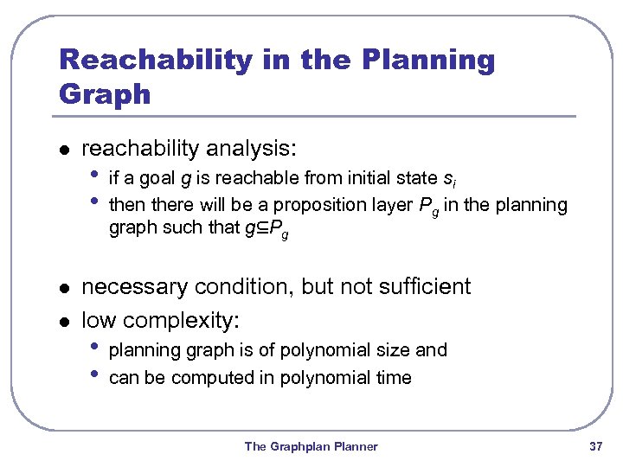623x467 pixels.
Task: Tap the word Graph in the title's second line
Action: pyautogui.click(x=105, y=93)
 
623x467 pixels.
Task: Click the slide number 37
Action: pyautogui.click(x=594, y=446)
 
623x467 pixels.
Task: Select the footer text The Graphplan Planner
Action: pyautogui.click(x=311, y=446)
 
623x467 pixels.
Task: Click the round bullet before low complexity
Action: pyautogui.click(x=62, y=322)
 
